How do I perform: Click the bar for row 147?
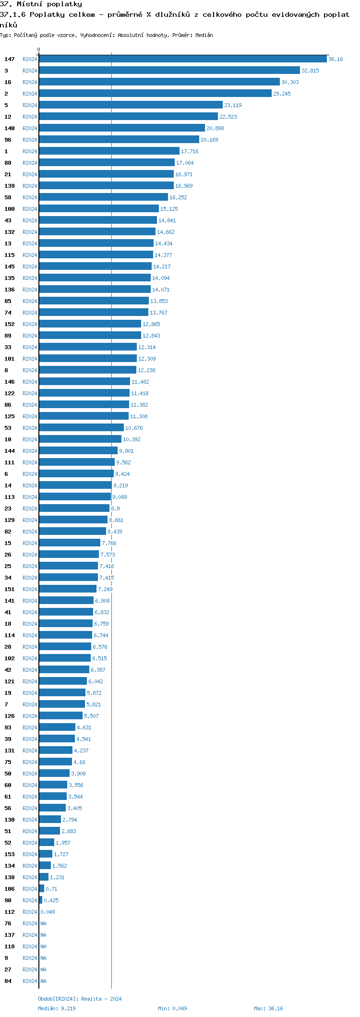coord(182,59)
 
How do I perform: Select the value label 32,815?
coord(310,71)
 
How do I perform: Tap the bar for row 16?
coord(159,82)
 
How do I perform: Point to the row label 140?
coord(10,128)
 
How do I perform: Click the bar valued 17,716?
coord(109,151)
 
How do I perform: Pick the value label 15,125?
coord(169,209)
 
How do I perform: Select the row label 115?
coord(10,255)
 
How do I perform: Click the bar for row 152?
coord(90,324)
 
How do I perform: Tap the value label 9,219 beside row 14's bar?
coord(120,485)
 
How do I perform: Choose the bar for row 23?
coord(74,508)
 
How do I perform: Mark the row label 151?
coord(10,589)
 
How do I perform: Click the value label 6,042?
coord(96,681)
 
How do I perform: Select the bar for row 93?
coord(57,727)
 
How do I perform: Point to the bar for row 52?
coord(47,843)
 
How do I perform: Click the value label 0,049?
coord(48,912)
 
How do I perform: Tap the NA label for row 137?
coord(43,935)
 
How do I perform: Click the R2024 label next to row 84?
coord(30,981)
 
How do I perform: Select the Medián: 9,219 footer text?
coord(57,1008)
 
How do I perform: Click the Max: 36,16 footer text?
coord(268,1008)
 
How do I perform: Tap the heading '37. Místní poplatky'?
coord(41,4)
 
